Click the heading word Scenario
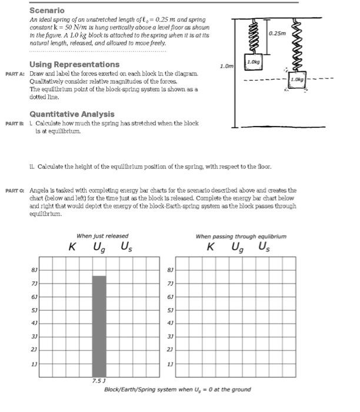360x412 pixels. click(x=47, y=11)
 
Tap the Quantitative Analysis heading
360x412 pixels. click(x=64, y=114)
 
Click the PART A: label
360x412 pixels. click(x=15, y=73)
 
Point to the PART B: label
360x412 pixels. click(x=15, y=123)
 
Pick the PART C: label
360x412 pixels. click(x=15, y=191)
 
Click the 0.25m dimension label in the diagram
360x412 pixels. click(x=276, y=34)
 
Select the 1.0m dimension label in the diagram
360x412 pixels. click(x=225, y=67)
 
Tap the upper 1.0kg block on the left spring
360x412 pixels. click(x=254, y=62)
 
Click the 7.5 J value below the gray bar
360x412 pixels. click(x=98, y=381)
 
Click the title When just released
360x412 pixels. click(x=102, y=236)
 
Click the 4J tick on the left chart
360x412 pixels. click(x=35, y=323)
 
